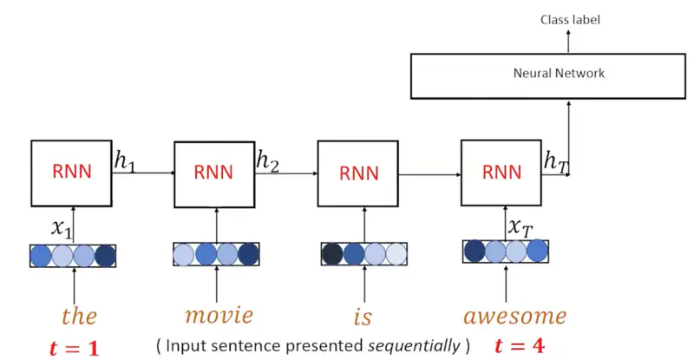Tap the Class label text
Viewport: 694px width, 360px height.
point(570,18)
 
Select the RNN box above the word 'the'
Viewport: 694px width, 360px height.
point(73,172)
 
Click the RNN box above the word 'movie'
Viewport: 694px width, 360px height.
point(214,172)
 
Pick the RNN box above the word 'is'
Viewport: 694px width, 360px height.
point(359,172)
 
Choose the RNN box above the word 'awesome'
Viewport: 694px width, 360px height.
point(502,172)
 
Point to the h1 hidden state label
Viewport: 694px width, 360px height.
point(126,160)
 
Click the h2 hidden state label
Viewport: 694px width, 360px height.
point(267,160)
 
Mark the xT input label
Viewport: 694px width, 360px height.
point(520,226)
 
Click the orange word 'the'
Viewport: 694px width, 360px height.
point(79,316)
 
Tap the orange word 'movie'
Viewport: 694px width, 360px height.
point(219,315)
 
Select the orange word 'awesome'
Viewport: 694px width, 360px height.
point(514,315)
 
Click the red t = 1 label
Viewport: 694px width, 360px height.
point(74,348)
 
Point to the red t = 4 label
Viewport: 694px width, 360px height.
point(519,345)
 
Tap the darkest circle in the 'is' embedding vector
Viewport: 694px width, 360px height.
point(332,254)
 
